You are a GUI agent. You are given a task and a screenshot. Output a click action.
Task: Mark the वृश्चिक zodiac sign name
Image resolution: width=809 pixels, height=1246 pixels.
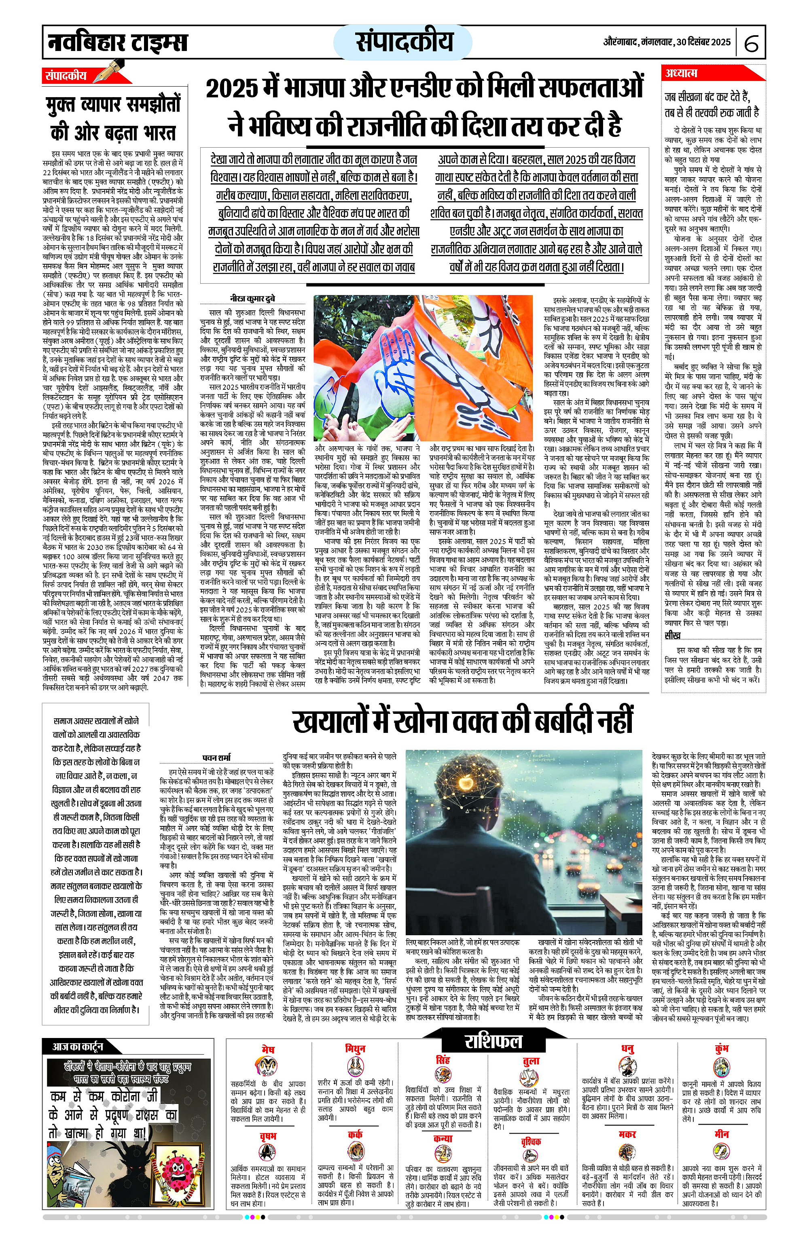click(530, 1142)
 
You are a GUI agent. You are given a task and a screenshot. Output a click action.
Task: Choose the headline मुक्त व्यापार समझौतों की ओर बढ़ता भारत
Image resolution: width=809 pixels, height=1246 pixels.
click(113, 118)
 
